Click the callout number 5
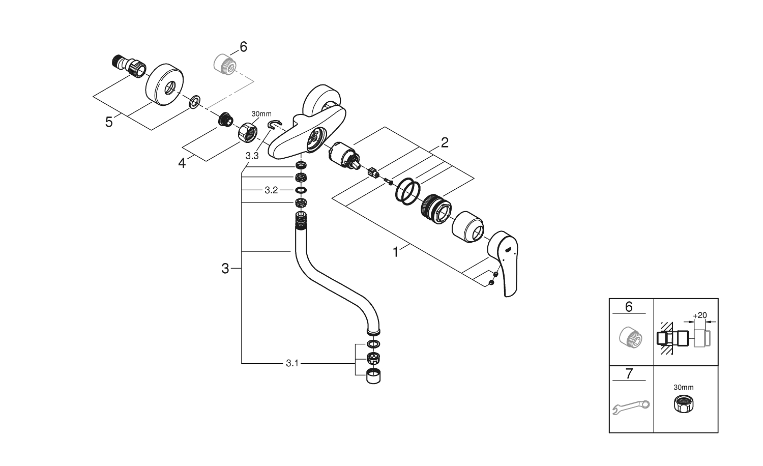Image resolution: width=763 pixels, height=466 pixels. (x=109, y=122)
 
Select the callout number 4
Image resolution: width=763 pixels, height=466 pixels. (x=182, y=163)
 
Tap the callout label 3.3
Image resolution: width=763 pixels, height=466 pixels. (x=252, y=156)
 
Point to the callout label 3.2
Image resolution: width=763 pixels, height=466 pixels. (x=271, y=190)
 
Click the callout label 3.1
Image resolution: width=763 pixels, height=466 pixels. (x=292, y=363)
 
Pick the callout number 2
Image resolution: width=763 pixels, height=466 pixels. (x=444, y=142)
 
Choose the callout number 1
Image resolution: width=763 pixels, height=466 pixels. (x=396, y=252)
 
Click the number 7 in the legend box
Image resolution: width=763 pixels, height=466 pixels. (x=629, y=374)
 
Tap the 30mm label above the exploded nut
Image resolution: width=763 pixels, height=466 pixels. (x=261, y=113)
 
